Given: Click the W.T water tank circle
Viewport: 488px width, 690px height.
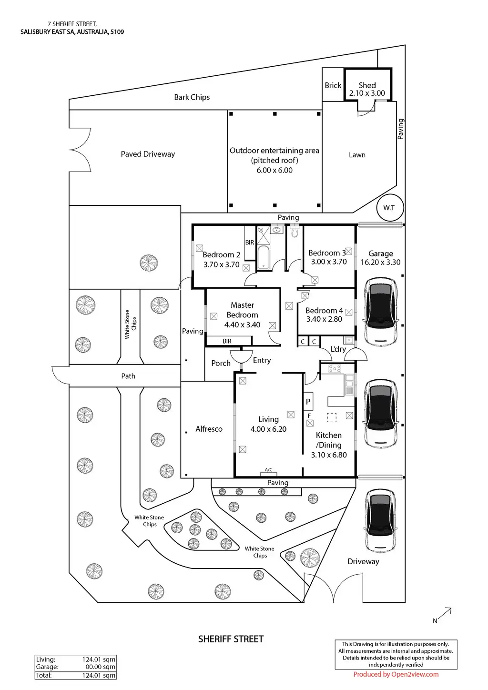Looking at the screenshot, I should (x=389, y=208).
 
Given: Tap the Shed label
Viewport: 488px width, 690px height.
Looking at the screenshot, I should (x=367, y=85).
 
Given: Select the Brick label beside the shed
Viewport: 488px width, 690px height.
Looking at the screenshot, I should (x=333, y=85).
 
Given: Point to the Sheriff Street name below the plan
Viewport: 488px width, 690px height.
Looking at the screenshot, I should (x=231, y=639).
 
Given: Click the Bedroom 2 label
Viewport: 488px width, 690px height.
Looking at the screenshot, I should (x=221, y=255).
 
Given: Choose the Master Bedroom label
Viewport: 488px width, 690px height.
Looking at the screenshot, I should (x=242, y=310).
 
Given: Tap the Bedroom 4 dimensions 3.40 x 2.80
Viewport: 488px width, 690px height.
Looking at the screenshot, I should (x=324, y=319).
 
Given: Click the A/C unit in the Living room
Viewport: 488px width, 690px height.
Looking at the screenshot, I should (x=268, y=470).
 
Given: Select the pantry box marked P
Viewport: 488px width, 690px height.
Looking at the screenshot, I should (x=308, y=402).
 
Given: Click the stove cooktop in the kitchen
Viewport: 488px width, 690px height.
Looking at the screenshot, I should (x=332, y=368).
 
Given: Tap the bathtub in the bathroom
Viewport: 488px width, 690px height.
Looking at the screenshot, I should (x=263, y=258).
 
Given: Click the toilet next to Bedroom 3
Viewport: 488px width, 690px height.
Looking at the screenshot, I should (x=294, y=232).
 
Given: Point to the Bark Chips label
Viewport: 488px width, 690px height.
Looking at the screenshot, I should (x=192, y=97).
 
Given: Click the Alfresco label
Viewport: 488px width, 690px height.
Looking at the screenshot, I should (x=209, y=429).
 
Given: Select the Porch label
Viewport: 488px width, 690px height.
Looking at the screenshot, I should (x=221, y=363).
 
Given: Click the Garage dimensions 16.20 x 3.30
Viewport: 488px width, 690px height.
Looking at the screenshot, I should (x=380, y=262).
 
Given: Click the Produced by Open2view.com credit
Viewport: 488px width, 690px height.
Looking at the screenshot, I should (x=396, y=674).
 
